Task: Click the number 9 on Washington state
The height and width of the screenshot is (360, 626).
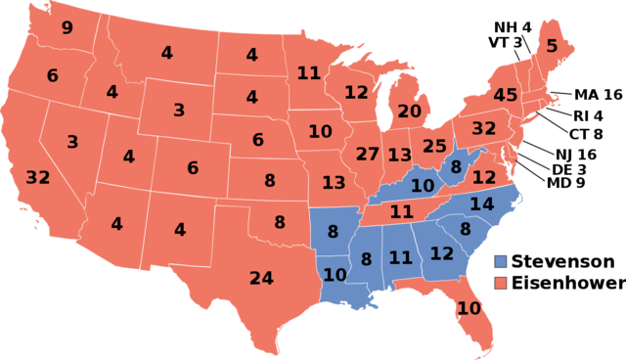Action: [67, 27]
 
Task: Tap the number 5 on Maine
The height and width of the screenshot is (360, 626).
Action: [552, 46]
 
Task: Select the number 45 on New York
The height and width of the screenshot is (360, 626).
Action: [505, 95]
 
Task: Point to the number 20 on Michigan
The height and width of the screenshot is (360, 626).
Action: [409, 112]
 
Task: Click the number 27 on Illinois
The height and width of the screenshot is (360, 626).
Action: [367, 154]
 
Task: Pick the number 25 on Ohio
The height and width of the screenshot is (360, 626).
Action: [434, 147]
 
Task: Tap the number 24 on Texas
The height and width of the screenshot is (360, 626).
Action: [261, 279]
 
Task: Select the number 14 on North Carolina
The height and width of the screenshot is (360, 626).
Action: [481, 204]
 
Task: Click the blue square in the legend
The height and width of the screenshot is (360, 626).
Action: [500, 262]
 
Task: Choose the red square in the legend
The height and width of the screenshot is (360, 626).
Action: [500, 283]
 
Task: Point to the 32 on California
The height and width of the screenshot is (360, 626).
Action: [38, 178]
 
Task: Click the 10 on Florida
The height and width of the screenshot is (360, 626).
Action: [469, 308]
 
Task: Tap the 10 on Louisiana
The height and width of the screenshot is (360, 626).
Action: [335, 275]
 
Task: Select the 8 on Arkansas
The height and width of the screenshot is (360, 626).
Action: [333, 232]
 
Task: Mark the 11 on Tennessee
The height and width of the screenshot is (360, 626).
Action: [401, 211]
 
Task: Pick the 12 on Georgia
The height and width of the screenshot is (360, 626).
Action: [442, 253]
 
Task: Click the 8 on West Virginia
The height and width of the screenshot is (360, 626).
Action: [456, 167]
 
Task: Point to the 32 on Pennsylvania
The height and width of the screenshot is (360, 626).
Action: [483, 128]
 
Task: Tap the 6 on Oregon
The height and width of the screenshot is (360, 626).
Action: [52, 75]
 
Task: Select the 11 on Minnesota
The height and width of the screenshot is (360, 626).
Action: [308, 72]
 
